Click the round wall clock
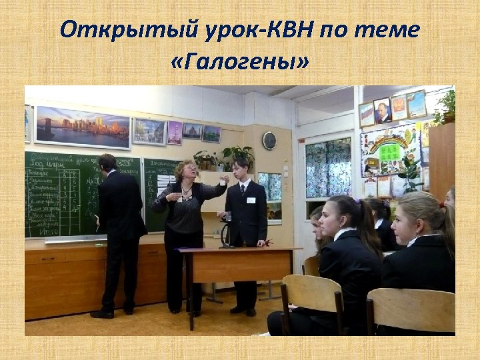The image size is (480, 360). click(x=269, y=140)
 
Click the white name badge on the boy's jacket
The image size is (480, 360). click(x=251, y=199)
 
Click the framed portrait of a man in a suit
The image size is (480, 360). click(x=382, y=110)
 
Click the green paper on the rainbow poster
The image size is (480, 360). click(x=390, y=152)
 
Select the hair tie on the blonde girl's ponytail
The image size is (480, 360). click(x=441, y=205)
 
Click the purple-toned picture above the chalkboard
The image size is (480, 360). click(x=175, y=132)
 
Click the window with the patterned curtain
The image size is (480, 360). click(x=327, y=168)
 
